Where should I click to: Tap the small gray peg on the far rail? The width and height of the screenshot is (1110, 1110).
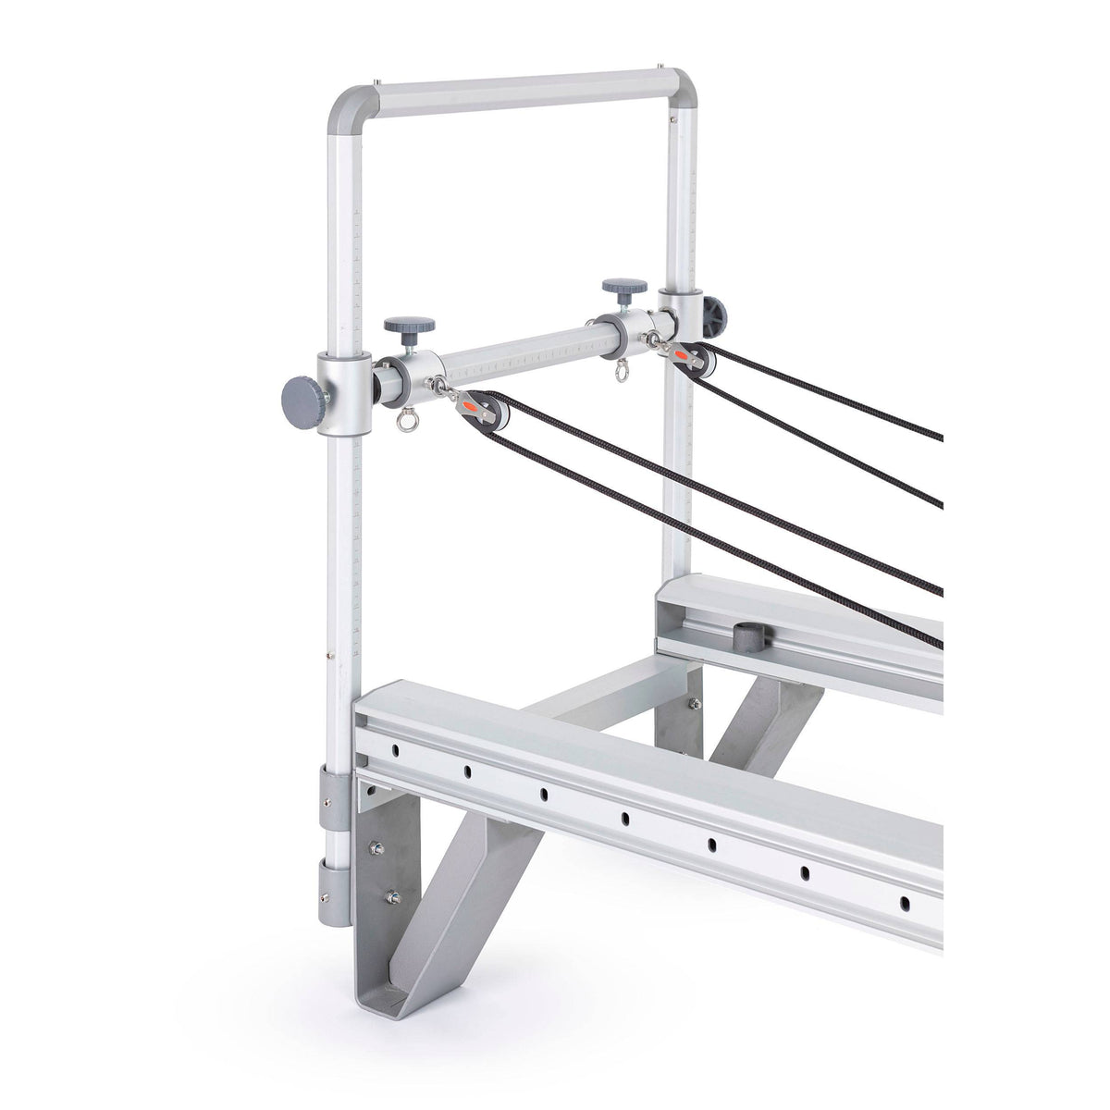(745, 635)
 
